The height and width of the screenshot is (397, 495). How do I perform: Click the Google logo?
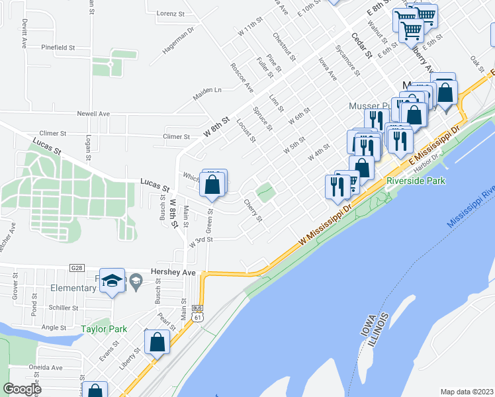pyautogui.click(x=22, y=389)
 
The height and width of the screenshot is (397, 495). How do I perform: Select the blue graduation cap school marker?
pyautogui.click(x=112, y=280)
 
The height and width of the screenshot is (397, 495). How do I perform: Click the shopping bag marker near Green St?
pyautogui.click(x=212, y=186)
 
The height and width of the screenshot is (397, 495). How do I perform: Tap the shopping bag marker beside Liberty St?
pyautogui.click(x=157, y=343)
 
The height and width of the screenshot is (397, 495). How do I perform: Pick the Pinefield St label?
pyautogui.click(x=58, y=48)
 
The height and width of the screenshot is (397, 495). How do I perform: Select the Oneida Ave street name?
pyautogui.click(x=45, y=368)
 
